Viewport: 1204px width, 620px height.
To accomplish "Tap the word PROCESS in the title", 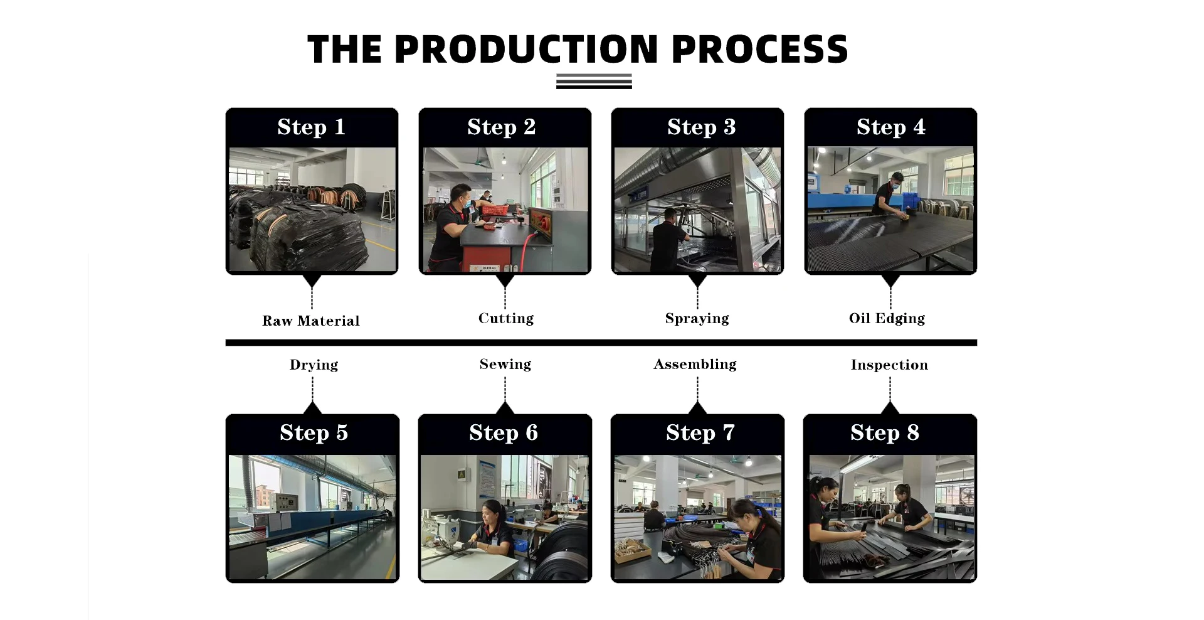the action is tap(759, 50).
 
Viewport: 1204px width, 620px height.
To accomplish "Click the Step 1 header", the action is tap(311, 127).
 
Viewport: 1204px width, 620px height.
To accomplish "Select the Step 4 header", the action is tap(890, 127).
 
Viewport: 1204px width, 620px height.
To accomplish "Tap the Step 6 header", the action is tap(504, 432).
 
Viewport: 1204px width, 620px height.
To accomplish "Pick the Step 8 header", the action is tap(884, 432).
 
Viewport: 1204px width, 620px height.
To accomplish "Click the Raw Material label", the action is tap(311, 321).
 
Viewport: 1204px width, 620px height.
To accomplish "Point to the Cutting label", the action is tap(505, 318).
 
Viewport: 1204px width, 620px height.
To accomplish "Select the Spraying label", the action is tap(697, 318).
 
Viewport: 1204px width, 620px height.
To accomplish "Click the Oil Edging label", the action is tap(887, 318).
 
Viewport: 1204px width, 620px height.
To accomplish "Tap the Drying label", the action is tap(314, 365).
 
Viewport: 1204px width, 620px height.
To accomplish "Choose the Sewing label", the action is tap(505, 364).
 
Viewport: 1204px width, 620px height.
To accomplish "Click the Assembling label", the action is tap(695, 364).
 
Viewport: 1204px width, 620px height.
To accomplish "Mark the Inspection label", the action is tap(889, 365).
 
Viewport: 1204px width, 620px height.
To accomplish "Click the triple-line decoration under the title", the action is tap(593, 82).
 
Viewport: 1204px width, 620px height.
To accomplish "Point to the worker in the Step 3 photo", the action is tap(668, 242).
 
